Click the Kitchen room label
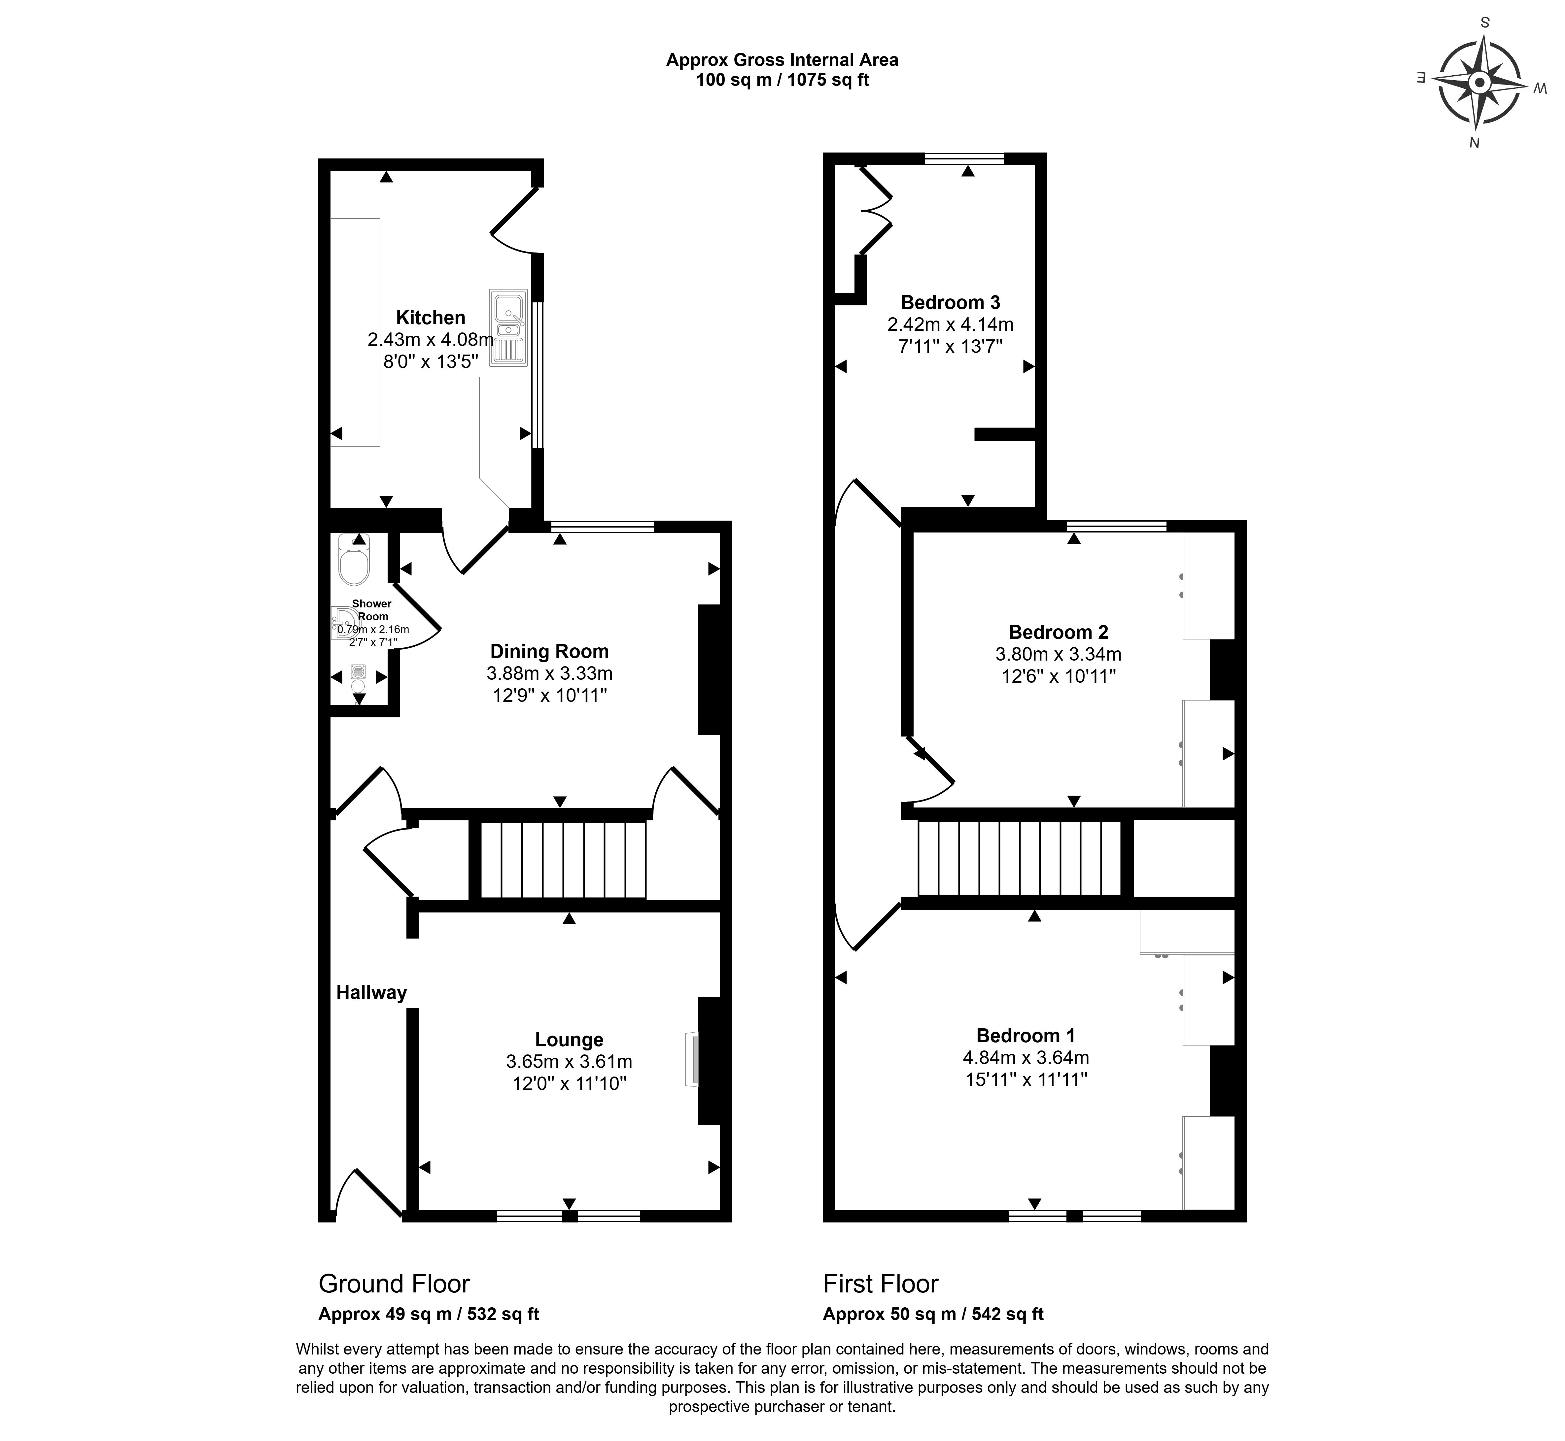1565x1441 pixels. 431,317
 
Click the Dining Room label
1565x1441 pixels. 550,651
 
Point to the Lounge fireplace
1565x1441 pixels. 692,1059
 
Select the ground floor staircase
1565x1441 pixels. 563,860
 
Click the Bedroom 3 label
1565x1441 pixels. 951,302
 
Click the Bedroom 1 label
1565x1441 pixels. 1026,1036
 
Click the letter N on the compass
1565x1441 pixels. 1474,142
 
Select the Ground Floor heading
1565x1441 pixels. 395,1284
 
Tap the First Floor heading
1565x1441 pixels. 881,1284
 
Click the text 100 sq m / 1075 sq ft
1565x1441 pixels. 782,80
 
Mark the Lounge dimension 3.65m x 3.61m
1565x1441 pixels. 569,1061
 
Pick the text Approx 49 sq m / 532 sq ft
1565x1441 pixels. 429,1314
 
